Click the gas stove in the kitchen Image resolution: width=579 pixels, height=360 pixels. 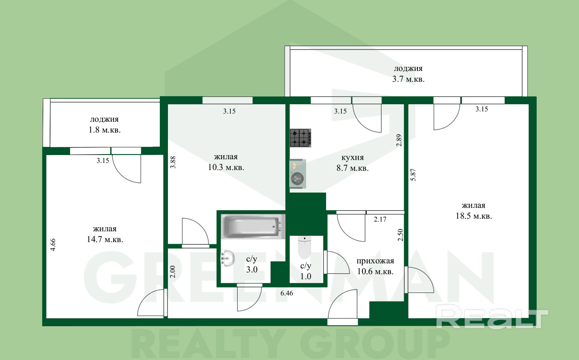click(300, 138)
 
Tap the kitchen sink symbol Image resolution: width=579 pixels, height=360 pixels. click(298, 174)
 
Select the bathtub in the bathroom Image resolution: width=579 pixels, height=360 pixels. click(253, 226)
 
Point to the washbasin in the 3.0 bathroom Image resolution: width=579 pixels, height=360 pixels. click(228, 258)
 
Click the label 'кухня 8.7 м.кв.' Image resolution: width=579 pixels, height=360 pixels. click(353, 163)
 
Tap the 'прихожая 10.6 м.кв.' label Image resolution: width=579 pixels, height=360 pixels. click(375, 266)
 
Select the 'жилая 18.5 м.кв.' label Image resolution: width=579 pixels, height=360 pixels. click(473, 211)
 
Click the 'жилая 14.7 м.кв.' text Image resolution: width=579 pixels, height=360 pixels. click(105, 234)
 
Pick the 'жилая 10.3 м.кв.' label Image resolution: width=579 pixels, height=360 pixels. click(226, 162)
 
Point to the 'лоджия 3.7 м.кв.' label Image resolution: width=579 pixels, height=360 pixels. click(408, 74)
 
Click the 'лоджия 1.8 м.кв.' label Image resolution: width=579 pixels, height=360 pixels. click(104, 125)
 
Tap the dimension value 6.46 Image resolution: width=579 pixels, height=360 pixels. click(287, 293)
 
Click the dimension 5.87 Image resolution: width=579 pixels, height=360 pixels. click(413, 175)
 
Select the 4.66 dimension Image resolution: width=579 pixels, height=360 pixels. click(53, 245)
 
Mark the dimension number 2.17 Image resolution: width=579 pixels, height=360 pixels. click(380, 219)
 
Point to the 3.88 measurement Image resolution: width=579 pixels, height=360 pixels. click(173, 162)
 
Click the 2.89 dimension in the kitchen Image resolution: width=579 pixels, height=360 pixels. click(399, 140)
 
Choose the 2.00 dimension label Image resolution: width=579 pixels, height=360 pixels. click(173, 272)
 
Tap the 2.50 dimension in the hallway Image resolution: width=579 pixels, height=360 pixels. click(400, 235)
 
